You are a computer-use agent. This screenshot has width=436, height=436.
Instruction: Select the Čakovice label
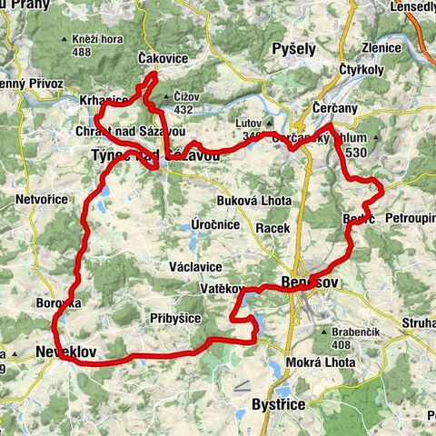click(163, 56)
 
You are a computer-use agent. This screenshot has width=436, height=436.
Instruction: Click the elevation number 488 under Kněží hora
click(84, 53)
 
